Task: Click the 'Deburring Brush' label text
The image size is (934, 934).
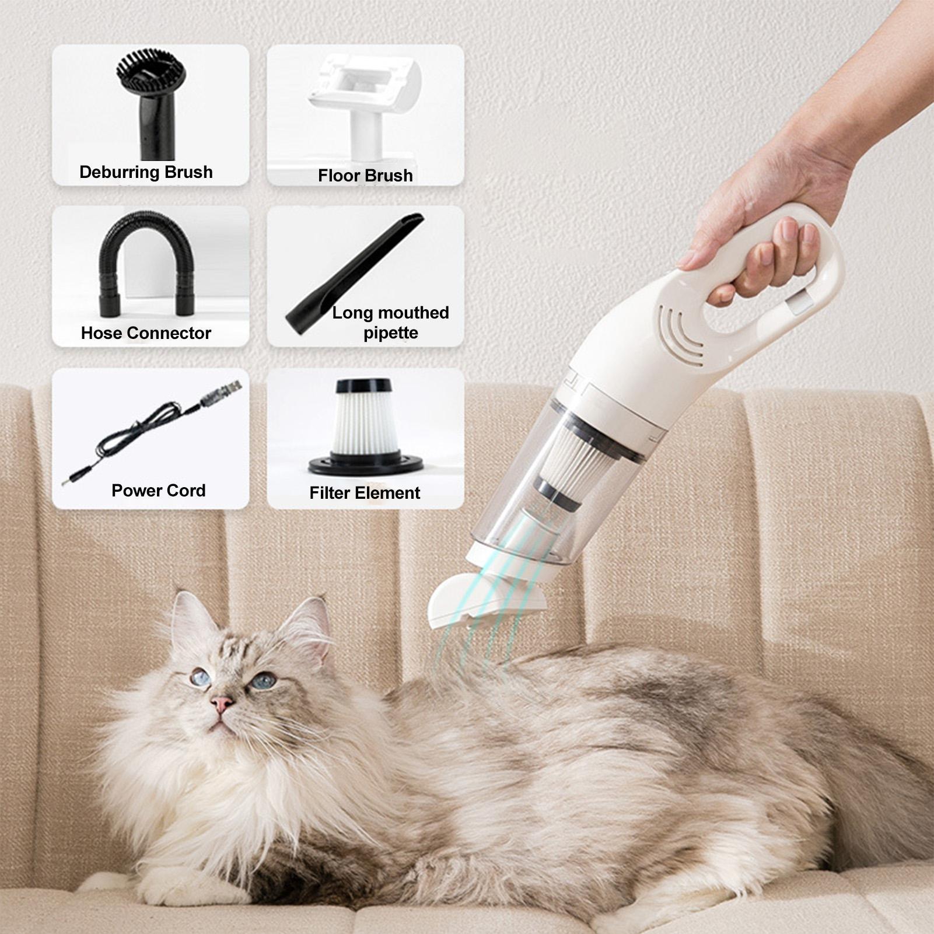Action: (x=146, y=172)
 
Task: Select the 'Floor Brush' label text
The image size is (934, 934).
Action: (x=365, y=176)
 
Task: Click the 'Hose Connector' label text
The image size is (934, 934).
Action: (x=146, y=333)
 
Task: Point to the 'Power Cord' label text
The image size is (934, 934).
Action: (x=159, y=491)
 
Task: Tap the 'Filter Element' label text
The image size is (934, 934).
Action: (x=365, y=493)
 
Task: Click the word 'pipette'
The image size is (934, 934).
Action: (x=391, y=333)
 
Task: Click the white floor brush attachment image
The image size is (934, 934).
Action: (x=365, y=105)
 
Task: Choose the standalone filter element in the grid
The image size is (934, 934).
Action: (x=365, y=426)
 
